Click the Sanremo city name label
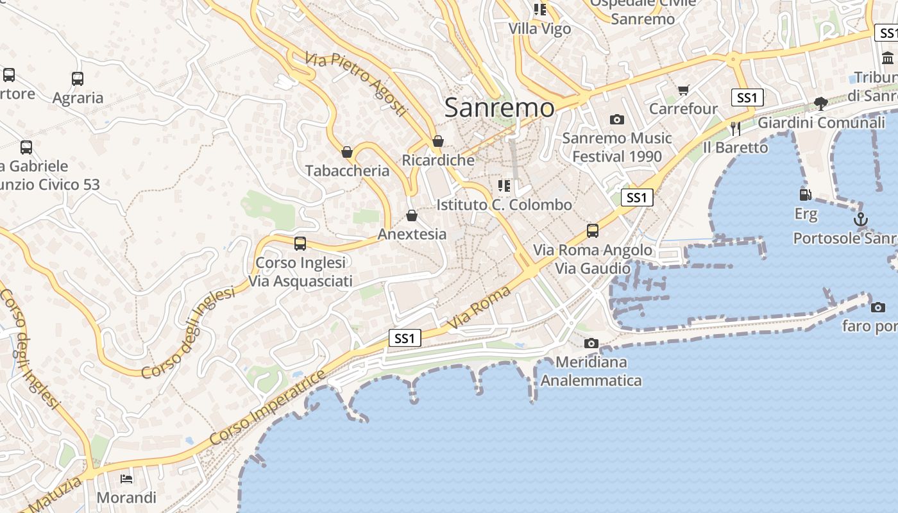pos(500,107)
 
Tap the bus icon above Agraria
pos(78,79)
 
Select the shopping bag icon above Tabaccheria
pos(347,152)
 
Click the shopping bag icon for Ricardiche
pos(438,141)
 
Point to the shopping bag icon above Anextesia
pos(412,215)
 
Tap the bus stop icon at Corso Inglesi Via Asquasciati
pos(300,244)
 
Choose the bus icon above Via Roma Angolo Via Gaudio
pos(593,231)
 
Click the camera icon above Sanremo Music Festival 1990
pos(617,119)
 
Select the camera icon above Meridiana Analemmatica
pos(591,344)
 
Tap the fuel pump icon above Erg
pos(805,194)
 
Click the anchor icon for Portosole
pos(861,220)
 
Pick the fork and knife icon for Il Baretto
pos(735,129)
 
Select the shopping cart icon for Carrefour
pos(684,90)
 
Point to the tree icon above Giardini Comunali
pos(820,103)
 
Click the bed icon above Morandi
pos(126,478)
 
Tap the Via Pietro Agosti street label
pos(357,84)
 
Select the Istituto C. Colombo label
pos(504,205)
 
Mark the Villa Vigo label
pos(539,29)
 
